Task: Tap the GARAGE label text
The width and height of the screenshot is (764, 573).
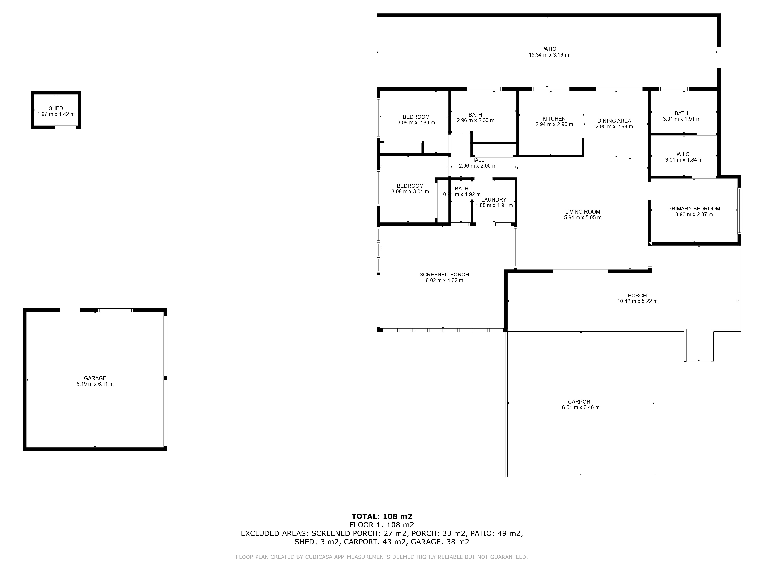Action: tap(95, 378)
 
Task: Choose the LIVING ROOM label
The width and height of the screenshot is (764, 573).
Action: tap(583, 212)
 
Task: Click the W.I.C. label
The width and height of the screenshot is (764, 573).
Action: tap(684, 154)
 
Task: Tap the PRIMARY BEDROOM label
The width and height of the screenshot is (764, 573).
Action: tap(694, 209)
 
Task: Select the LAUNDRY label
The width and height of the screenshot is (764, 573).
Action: tap(494, 200)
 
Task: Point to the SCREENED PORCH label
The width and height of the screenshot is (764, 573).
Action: tap(444, 275)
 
